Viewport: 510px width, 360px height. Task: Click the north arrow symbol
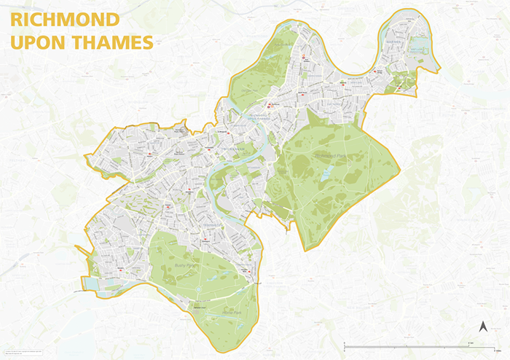(x=482, y=326)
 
